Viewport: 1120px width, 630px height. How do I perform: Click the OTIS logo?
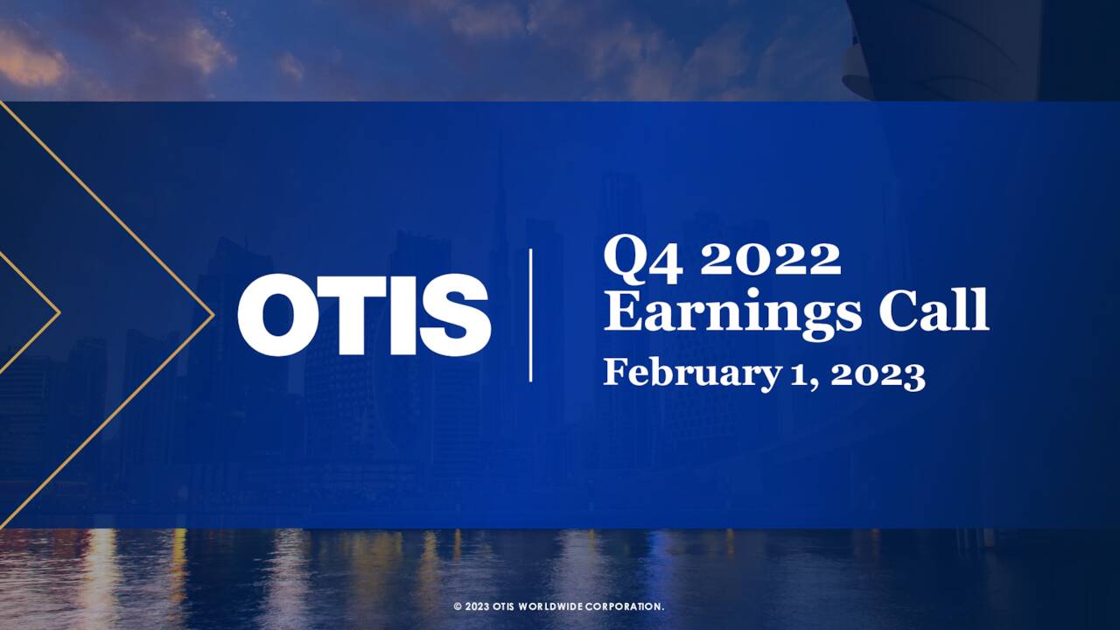(x=363, y=315)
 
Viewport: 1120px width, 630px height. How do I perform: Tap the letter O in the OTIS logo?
(x=273, y=315)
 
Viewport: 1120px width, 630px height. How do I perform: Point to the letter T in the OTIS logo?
(x=353, y=315)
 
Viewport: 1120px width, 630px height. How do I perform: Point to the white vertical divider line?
(x=530, y=315)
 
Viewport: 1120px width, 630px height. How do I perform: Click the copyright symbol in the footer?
(x=457, y=606)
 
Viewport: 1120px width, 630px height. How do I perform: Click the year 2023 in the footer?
(x=476, y=606)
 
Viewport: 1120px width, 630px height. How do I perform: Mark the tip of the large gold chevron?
(x=213, y=313)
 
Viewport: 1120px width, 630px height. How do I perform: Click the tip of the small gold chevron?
(x=59, y=311)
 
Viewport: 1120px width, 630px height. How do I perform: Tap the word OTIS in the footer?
(x=503, y=606)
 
